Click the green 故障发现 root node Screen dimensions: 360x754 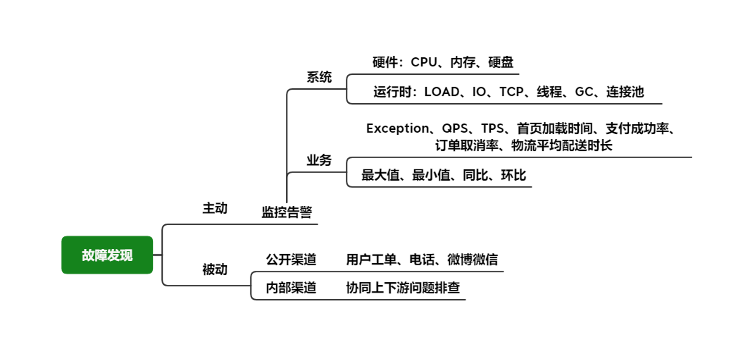tap(107, 255)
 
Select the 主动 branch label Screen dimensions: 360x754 tap(215, 208)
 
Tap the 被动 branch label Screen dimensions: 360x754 tap(215, 269)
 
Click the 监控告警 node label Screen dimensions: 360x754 tap(287, 212)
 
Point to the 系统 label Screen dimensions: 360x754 tap(319, 77)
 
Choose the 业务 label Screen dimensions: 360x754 tap(319, 160)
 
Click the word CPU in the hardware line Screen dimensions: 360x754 tap(424, 62)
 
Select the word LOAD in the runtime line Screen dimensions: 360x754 tap(442, 92)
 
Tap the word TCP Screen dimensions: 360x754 tap(512, 92)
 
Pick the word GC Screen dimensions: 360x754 tap(584, 92)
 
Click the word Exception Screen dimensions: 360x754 tap(398, 128)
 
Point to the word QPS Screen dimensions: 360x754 tap(455, 128)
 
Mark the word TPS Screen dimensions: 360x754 tap(493, 128)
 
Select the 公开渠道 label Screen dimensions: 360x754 tap(291, 260)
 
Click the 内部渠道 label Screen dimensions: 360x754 tap(291, 287)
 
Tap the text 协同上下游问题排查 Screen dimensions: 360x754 tap(403, 287)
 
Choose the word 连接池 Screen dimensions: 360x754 tap(625, 92)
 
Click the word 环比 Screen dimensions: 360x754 tap(514, 175)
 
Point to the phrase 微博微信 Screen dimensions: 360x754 tap(473, 260)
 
